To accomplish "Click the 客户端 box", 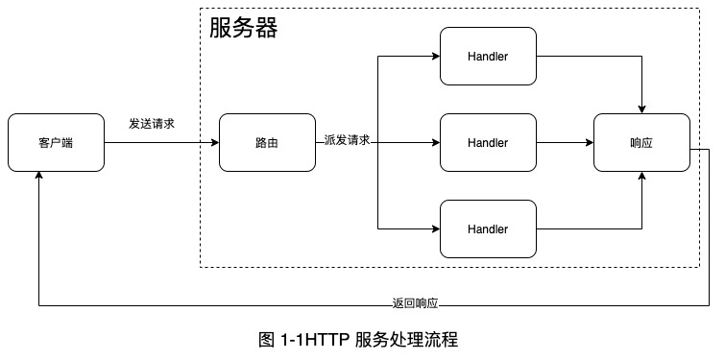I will (x=56, y=143).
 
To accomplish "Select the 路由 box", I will (x=267, y=143).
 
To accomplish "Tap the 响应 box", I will (x=641, y=143).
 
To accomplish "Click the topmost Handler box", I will (x=487, y=57).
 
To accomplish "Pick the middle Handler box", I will (x=487, y=143).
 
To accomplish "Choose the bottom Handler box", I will (x=487, y=229).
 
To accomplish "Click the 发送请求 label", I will (x=152, y=125).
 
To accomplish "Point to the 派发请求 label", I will (x=347, y=140).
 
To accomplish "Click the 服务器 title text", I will (x=244, y=29).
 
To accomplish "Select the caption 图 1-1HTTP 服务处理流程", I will (x=358, y=340).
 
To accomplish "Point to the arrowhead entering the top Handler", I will (x=435, y=57).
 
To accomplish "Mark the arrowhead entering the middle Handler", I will (x=435, y=143).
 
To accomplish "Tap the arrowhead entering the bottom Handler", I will (x=435, y=229).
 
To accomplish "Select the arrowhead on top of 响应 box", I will (x=641, y=108).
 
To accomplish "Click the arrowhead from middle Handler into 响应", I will (x=589, y=143).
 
